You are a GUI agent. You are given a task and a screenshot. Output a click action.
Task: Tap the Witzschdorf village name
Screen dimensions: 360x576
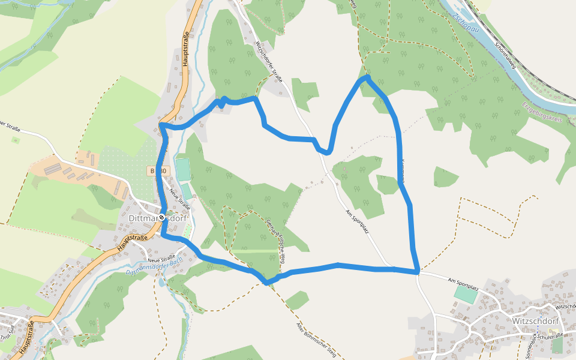(x=536, y=320)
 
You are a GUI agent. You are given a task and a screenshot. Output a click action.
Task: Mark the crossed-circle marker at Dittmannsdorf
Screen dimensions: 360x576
(x=161, y=217)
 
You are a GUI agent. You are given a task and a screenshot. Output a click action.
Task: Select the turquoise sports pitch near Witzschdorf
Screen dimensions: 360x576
(x=466, y=294)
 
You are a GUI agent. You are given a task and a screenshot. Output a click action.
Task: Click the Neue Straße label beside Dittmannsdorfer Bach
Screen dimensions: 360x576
(x=152, y=258)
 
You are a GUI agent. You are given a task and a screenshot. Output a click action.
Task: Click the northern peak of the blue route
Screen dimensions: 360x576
(x=367, y=77)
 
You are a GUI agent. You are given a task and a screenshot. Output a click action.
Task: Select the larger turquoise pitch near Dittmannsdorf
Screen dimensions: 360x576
(x=182, y=168)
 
